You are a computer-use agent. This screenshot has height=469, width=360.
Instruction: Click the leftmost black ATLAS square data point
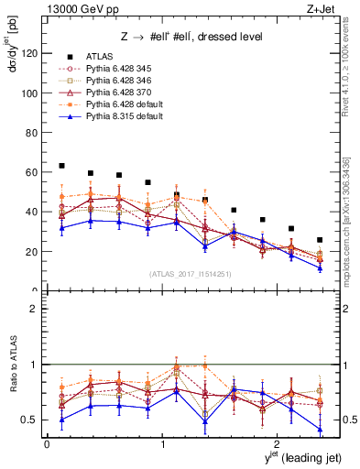tap(61, 166)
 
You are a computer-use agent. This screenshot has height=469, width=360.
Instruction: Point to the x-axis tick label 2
tap(279, 443)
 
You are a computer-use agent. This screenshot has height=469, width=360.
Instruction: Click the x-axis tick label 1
tap(163, 443)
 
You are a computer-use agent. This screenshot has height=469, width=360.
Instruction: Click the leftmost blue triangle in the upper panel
tap(61, 228)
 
